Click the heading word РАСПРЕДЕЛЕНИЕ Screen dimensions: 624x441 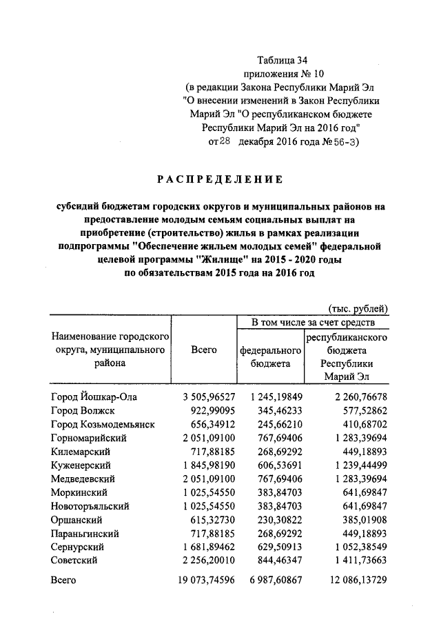coord(220,180)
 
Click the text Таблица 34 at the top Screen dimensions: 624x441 coord(283,61)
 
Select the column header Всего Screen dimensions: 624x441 coord(203,350)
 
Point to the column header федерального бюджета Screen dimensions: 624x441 coord(270,356)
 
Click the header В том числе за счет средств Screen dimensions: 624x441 coord(313,322)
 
